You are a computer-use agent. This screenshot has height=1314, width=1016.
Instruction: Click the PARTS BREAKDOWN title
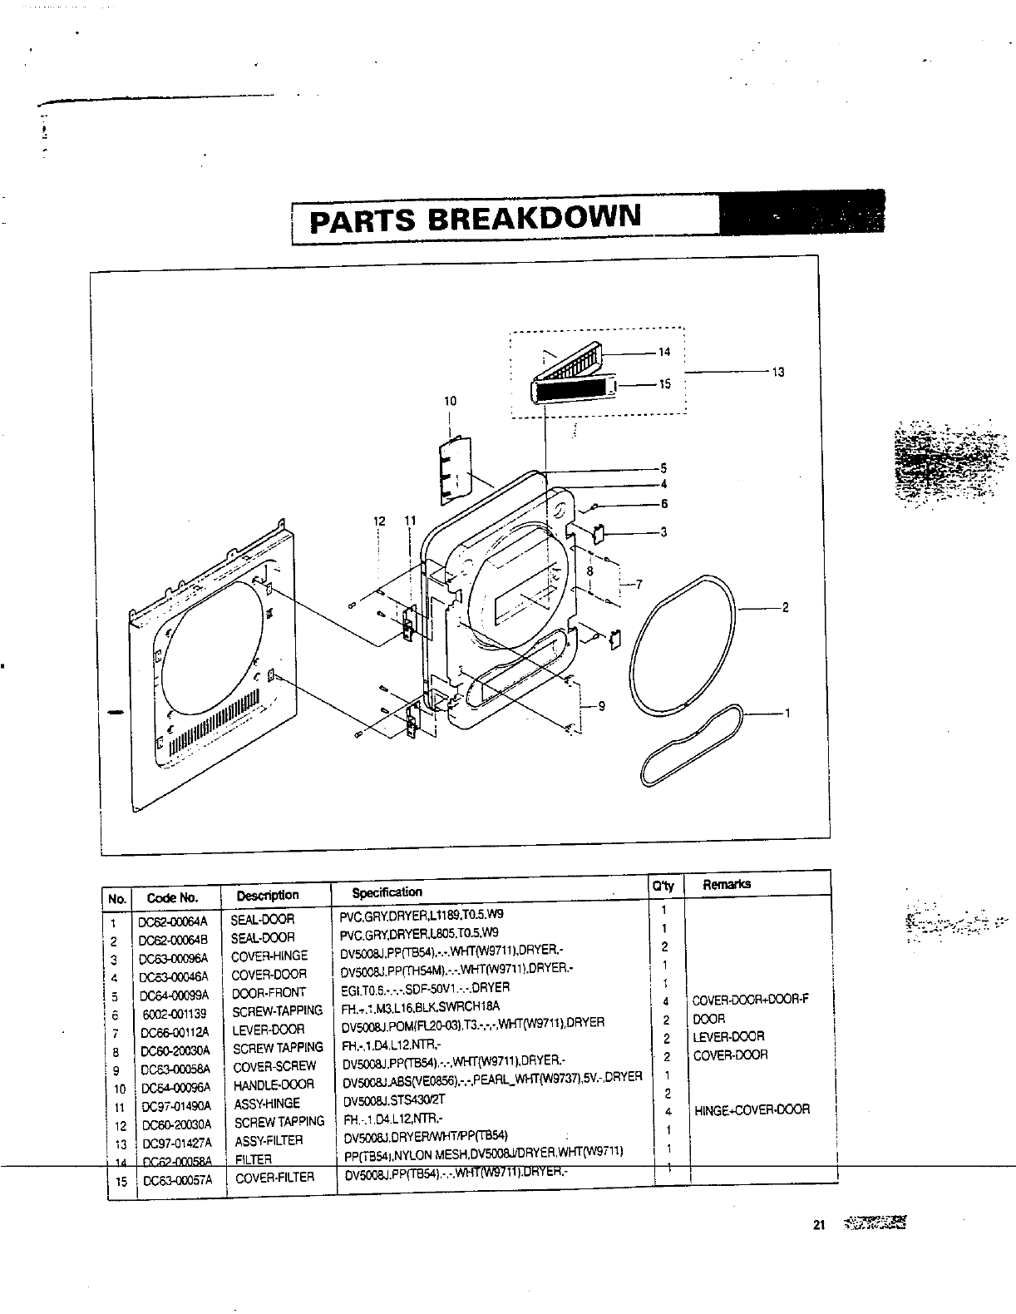click(476, 219)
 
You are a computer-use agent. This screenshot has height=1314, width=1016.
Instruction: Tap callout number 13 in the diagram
click(778, 373)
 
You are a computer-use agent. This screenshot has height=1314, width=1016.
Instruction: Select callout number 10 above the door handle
click(450, 401)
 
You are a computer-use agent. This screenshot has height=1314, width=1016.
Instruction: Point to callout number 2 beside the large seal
click(785, 607)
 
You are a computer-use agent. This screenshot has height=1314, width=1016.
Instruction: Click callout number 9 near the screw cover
click(601, 707)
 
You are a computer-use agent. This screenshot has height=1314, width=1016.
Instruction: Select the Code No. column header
click(172, 897)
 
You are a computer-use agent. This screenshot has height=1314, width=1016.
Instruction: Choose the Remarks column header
click(727, 884)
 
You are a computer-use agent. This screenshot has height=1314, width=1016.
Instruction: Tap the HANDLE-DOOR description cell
click(274, 1084)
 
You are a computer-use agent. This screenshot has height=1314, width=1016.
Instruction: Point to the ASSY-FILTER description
click(269, 1141)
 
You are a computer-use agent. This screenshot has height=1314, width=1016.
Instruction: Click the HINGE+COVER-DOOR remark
click(752, 1109)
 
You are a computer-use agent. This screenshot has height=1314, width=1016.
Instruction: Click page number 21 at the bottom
click(818, 1224)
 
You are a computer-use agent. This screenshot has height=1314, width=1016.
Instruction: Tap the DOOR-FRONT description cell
click(269, 992)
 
